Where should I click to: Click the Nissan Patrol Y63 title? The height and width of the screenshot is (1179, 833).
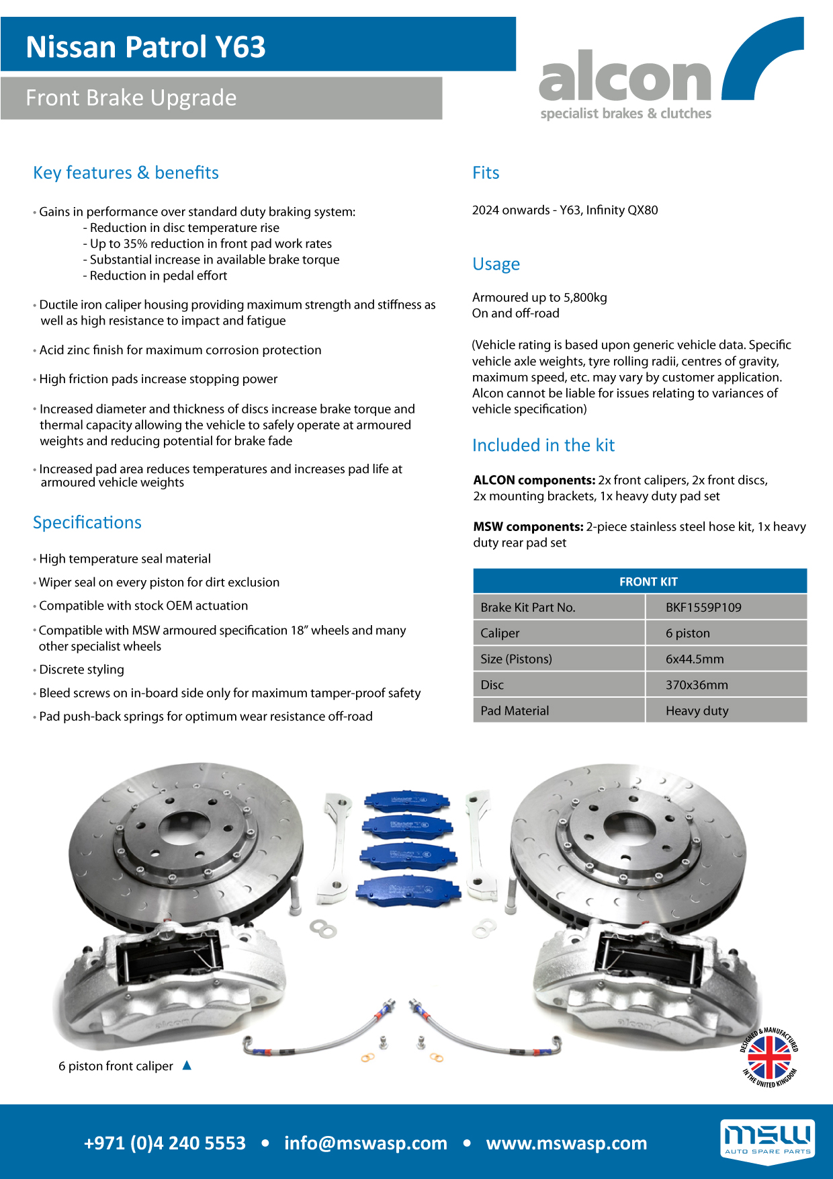(146, 47)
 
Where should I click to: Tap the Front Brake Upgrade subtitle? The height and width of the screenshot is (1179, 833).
(131, 98)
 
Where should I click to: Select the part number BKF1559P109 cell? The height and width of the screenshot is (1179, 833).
(703, 607)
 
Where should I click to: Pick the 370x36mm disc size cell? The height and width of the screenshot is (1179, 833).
(697, 685)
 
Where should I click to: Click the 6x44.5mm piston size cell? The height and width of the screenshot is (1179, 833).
(695, 659)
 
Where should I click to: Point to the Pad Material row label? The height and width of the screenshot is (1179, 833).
(515, 710)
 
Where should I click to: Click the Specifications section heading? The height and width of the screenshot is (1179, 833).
(87, 522)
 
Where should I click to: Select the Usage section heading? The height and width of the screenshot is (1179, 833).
(496, 264)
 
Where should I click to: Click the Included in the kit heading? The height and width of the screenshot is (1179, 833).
(543, 445)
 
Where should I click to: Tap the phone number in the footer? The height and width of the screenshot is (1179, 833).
(165, 1143)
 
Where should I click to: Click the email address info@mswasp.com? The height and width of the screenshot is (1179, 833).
(365, 1143)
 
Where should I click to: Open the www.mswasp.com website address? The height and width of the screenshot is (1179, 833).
(566, 1143)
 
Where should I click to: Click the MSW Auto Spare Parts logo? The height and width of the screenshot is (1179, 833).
(767, 1138)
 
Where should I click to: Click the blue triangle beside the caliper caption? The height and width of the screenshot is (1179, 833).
(187, 1065)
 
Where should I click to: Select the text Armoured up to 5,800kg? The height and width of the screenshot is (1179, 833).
(539, 297)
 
